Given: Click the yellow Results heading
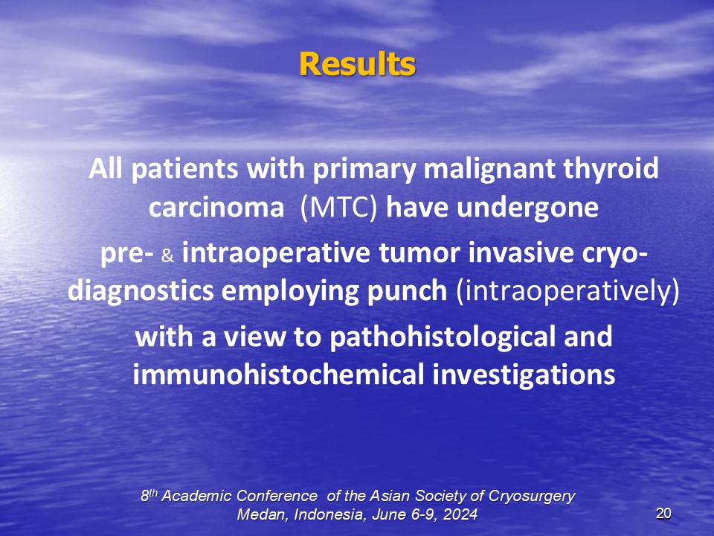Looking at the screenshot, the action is (358, 64).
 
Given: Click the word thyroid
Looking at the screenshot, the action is (611, 169).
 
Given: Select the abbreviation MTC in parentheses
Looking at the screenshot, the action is (339, 208).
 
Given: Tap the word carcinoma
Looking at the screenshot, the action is (216, 208).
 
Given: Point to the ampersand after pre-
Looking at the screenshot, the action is (167, 256).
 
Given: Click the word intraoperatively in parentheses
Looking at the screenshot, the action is (567, 292).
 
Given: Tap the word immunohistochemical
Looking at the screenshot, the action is (278, 374).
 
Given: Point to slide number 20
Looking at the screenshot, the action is (663, 514).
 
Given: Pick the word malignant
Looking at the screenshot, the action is (489, 169).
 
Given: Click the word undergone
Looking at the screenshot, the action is (527, 208).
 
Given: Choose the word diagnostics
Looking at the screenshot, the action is (141, 292).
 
